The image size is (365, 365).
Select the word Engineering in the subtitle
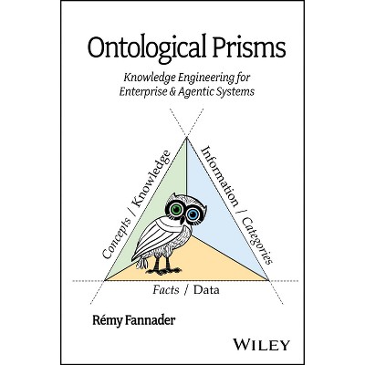coord(207,78)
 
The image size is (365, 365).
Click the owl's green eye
coord(176,209)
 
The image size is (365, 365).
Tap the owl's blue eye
coord(193,214)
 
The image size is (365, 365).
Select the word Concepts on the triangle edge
coord(117,238)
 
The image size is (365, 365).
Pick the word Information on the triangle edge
coord(220,176)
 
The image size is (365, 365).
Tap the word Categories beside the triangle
coord(257,241)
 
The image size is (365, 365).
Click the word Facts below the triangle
coord(166,290)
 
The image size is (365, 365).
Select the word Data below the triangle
coord(206,290)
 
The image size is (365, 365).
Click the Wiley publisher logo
coord(261,345)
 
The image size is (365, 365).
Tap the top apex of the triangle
coord(186,138)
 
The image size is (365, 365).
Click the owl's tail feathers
coord(141,263)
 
